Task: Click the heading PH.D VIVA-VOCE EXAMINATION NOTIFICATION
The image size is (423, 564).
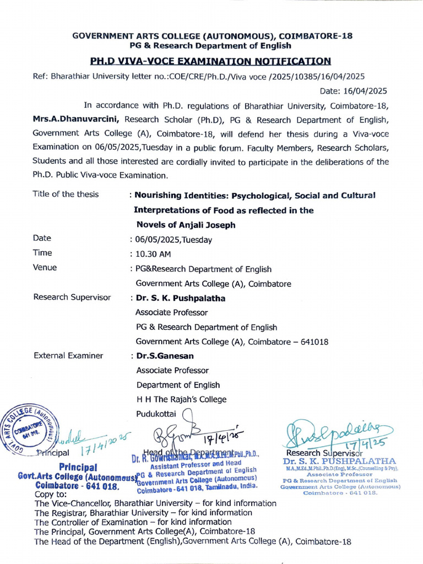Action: [x=211, y=61]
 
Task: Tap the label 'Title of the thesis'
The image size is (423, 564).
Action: [x=66, y=194]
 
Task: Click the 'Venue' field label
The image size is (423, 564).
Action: [x=45, y=268]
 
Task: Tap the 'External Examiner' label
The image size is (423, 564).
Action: [x=68, y=356]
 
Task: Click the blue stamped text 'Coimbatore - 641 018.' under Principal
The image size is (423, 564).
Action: [x=77, y=486]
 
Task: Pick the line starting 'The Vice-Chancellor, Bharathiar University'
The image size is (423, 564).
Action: [x=155, y=503]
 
